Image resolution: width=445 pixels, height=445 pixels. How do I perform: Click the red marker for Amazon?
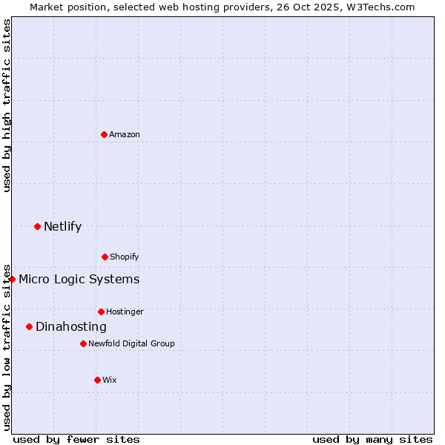105,134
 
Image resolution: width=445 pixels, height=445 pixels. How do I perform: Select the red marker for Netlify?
37,226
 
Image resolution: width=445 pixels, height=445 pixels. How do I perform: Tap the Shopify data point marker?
105,257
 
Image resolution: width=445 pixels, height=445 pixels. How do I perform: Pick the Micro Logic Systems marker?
13,279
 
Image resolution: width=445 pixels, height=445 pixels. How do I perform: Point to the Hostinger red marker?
101,311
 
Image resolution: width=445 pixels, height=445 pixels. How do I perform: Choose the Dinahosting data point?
29,326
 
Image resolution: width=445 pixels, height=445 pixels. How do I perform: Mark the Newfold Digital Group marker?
83,343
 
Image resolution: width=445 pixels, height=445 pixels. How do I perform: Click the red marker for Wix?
97,380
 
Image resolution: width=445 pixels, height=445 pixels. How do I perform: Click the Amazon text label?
125,134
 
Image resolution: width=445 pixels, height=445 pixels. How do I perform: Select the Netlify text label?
62,226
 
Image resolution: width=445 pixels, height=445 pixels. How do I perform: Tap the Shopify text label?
125,257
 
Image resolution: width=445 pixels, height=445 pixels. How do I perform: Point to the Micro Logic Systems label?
79,279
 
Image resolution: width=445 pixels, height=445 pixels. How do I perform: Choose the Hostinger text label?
125,311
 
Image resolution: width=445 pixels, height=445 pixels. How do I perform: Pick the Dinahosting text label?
71,326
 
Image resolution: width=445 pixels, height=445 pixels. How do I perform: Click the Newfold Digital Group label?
131,343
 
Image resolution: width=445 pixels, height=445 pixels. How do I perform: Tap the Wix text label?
110,380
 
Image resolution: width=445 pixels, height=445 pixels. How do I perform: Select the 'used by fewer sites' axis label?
76,439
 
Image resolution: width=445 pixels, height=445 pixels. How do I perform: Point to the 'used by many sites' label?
372,439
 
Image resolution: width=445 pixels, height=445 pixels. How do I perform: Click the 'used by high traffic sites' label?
7,105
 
